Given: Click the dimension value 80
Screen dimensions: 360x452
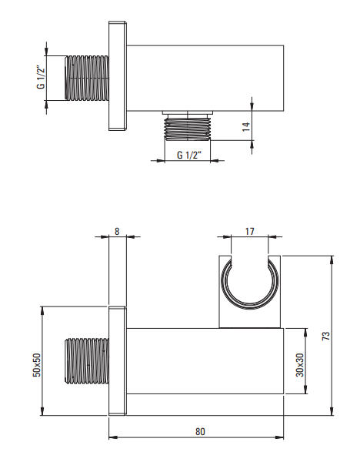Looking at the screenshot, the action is point(200,431).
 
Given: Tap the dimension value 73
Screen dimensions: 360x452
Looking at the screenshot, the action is point(325,336).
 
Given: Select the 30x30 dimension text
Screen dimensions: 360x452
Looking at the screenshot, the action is point(300,365).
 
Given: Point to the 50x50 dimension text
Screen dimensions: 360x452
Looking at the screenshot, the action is point(37,365).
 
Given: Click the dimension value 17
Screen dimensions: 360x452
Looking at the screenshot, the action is point(250,231).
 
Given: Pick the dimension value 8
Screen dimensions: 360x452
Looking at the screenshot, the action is point(117,231).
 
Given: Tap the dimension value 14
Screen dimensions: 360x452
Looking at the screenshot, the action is point(246,127).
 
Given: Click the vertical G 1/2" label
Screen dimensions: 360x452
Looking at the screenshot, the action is point(41,77).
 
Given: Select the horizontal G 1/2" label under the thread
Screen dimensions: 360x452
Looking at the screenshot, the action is point(188,155).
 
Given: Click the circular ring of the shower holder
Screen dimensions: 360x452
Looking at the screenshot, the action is point(250,307).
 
